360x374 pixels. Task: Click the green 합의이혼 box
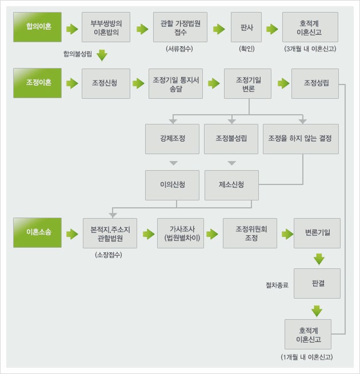tap(38, 27)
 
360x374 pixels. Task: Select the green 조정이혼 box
tap(38, 83)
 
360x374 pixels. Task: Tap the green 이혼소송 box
tap(38, 232)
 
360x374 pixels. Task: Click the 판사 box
tap(246, 27)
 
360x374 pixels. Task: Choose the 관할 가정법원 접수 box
tap(180, 27)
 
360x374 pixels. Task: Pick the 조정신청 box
tap(106, 83)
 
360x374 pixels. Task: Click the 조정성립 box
tap(315, 83)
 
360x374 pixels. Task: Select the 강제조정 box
tap(172, 139)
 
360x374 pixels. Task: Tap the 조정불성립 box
tap(231, 139)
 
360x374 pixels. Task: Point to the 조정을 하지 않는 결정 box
tap(301, 139)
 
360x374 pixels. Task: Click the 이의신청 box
tap(172, 185)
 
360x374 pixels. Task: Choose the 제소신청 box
tap(231, 185)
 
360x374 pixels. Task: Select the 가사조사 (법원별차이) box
tap(181, 234)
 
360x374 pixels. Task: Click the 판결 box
tap(317, 283)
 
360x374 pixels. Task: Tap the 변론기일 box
tap(317, 234)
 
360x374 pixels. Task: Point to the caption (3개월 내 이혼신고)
tap(310, 49)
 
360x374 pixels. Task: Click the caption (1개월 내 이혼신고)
tap(307, 357)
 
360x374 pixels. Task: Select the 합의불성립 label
tap(78, 54)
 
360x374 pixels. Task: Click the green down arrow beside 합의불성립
tap(102, 55)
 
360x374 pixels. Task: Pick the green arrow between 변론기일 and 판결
tap(319, 259)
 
